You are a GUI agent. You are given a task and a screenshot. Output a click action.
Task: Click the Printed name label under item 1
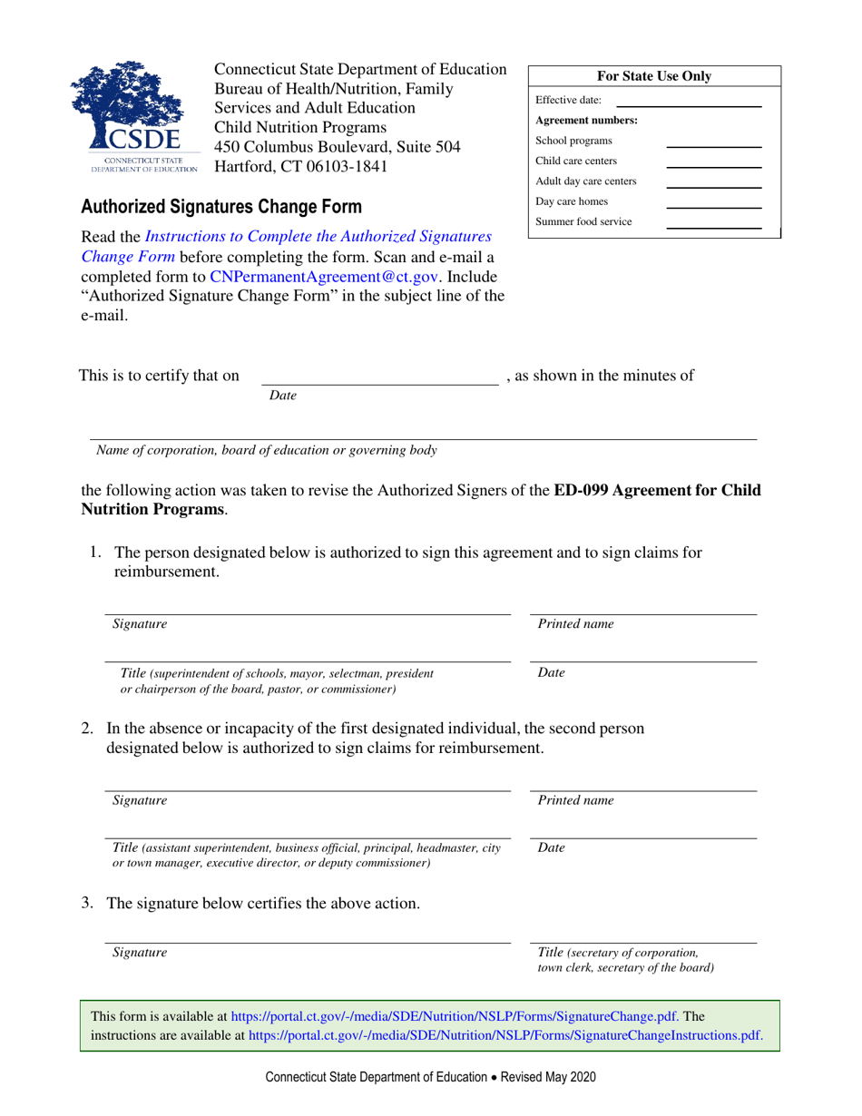(575, 624)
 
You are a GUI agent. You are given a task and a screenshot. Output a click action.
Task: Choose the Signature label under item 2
(139, 800)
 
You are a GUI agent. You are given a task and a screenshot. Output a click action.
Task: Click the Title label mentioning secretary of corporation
(619, 960)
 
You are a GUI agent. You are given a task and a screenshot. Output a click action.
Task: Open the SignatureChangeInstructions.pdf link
(504, 1034)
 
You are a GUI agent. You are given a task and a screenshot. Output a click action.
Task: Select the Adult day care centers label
(586, 181)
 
